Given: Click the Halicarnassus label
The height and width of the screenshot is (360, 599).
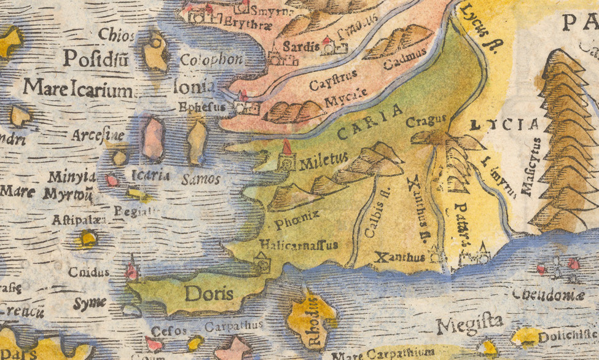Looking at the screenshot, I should (299, 245).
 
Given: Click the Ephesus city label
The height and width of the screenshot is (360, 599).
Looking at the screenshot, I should (199, 106).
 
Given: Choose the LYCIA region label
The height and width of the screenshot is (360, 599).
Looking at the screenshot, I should (503, 125).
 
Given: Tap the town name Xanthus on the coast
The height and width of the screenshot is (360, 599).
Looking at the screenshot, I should (399, 257).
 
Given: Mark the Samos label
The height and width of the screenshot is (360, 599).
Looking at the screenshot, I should (201, 179).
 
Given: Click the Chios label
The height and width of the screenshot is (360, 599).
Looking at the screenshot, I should (116, 34).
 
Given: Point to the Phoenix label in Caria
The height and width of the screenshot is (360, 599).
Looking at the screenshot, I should (297, 216).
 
